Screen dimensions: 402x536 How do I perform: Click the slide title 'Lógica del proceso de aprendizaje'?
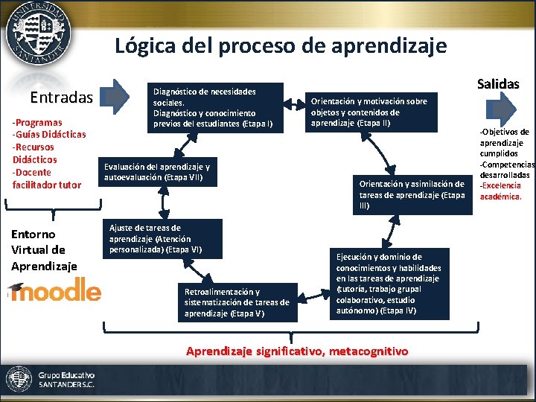(x=281, y=46)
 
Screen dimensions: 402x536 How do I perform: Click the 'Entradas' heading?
(x=61, y=98)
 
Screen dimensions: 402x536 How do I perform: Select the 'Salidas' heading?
(x=497, y=83)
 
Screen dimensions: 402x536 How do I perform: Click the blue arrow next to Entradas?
(x=115, y=96)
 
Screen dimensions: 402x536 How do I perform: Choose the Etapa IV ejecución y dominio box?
(x=391, y=283)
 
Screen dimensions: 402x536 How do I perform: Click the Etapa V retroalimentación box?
(x=237, y=302)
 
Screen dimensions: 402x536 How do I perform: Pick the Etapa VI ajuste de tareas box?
(x=162, y=238)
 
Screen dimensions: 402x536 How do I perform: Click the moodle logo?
(x=54, y=289)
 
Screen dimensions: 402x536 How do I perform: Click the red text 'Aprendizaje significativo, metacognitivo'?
(x=297, y=351)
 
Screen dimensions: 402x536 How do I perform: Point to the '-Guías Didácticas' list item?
(x=49, y=135)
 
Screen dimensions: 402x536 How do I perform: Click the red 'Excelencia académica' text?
(x=501, y=191)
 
